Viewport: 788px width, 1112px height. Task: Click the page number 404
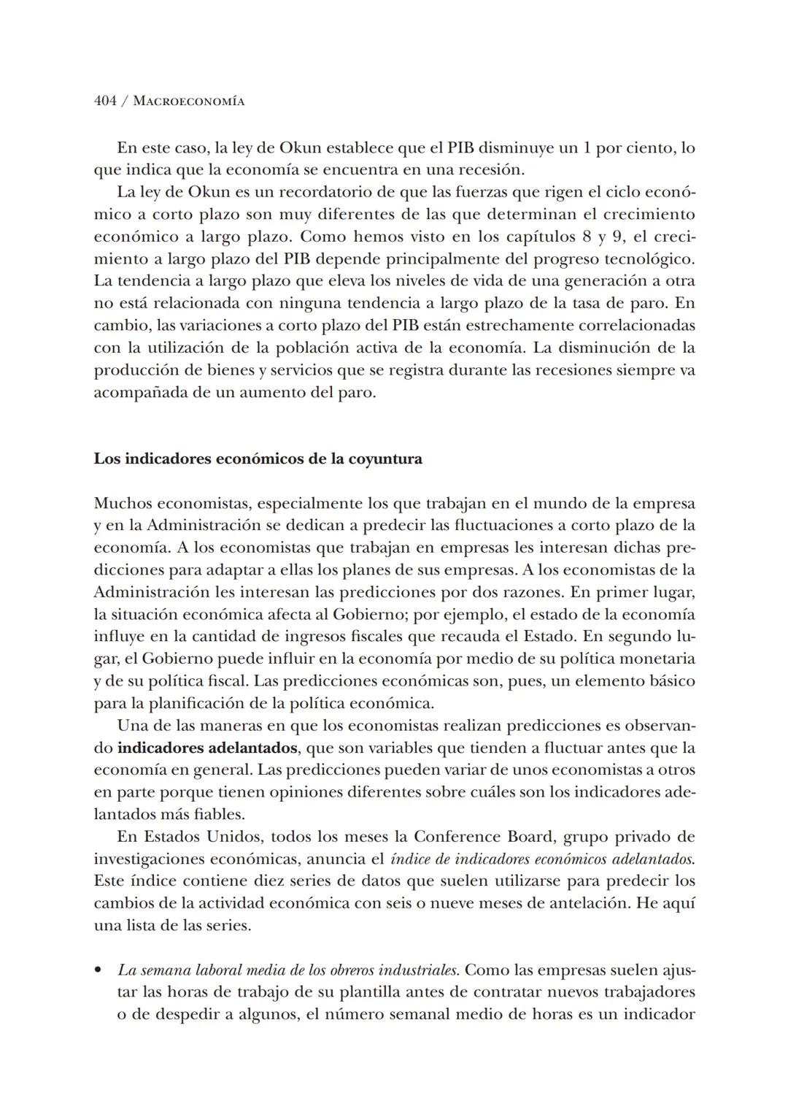click(105, 101)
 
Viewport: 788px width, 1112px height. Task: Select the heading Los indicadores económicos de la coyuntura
click(258, 459)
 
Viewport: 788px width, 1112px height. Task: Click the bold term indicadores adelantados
click(207, 748)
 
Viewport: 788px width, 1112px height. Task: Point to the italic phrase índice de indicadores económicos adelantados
click(542, 859)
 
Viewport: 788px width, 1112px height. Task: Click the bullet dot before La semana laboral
click(98, 971)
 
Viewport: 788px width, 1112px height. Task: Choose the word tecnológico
click(649, 258)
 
